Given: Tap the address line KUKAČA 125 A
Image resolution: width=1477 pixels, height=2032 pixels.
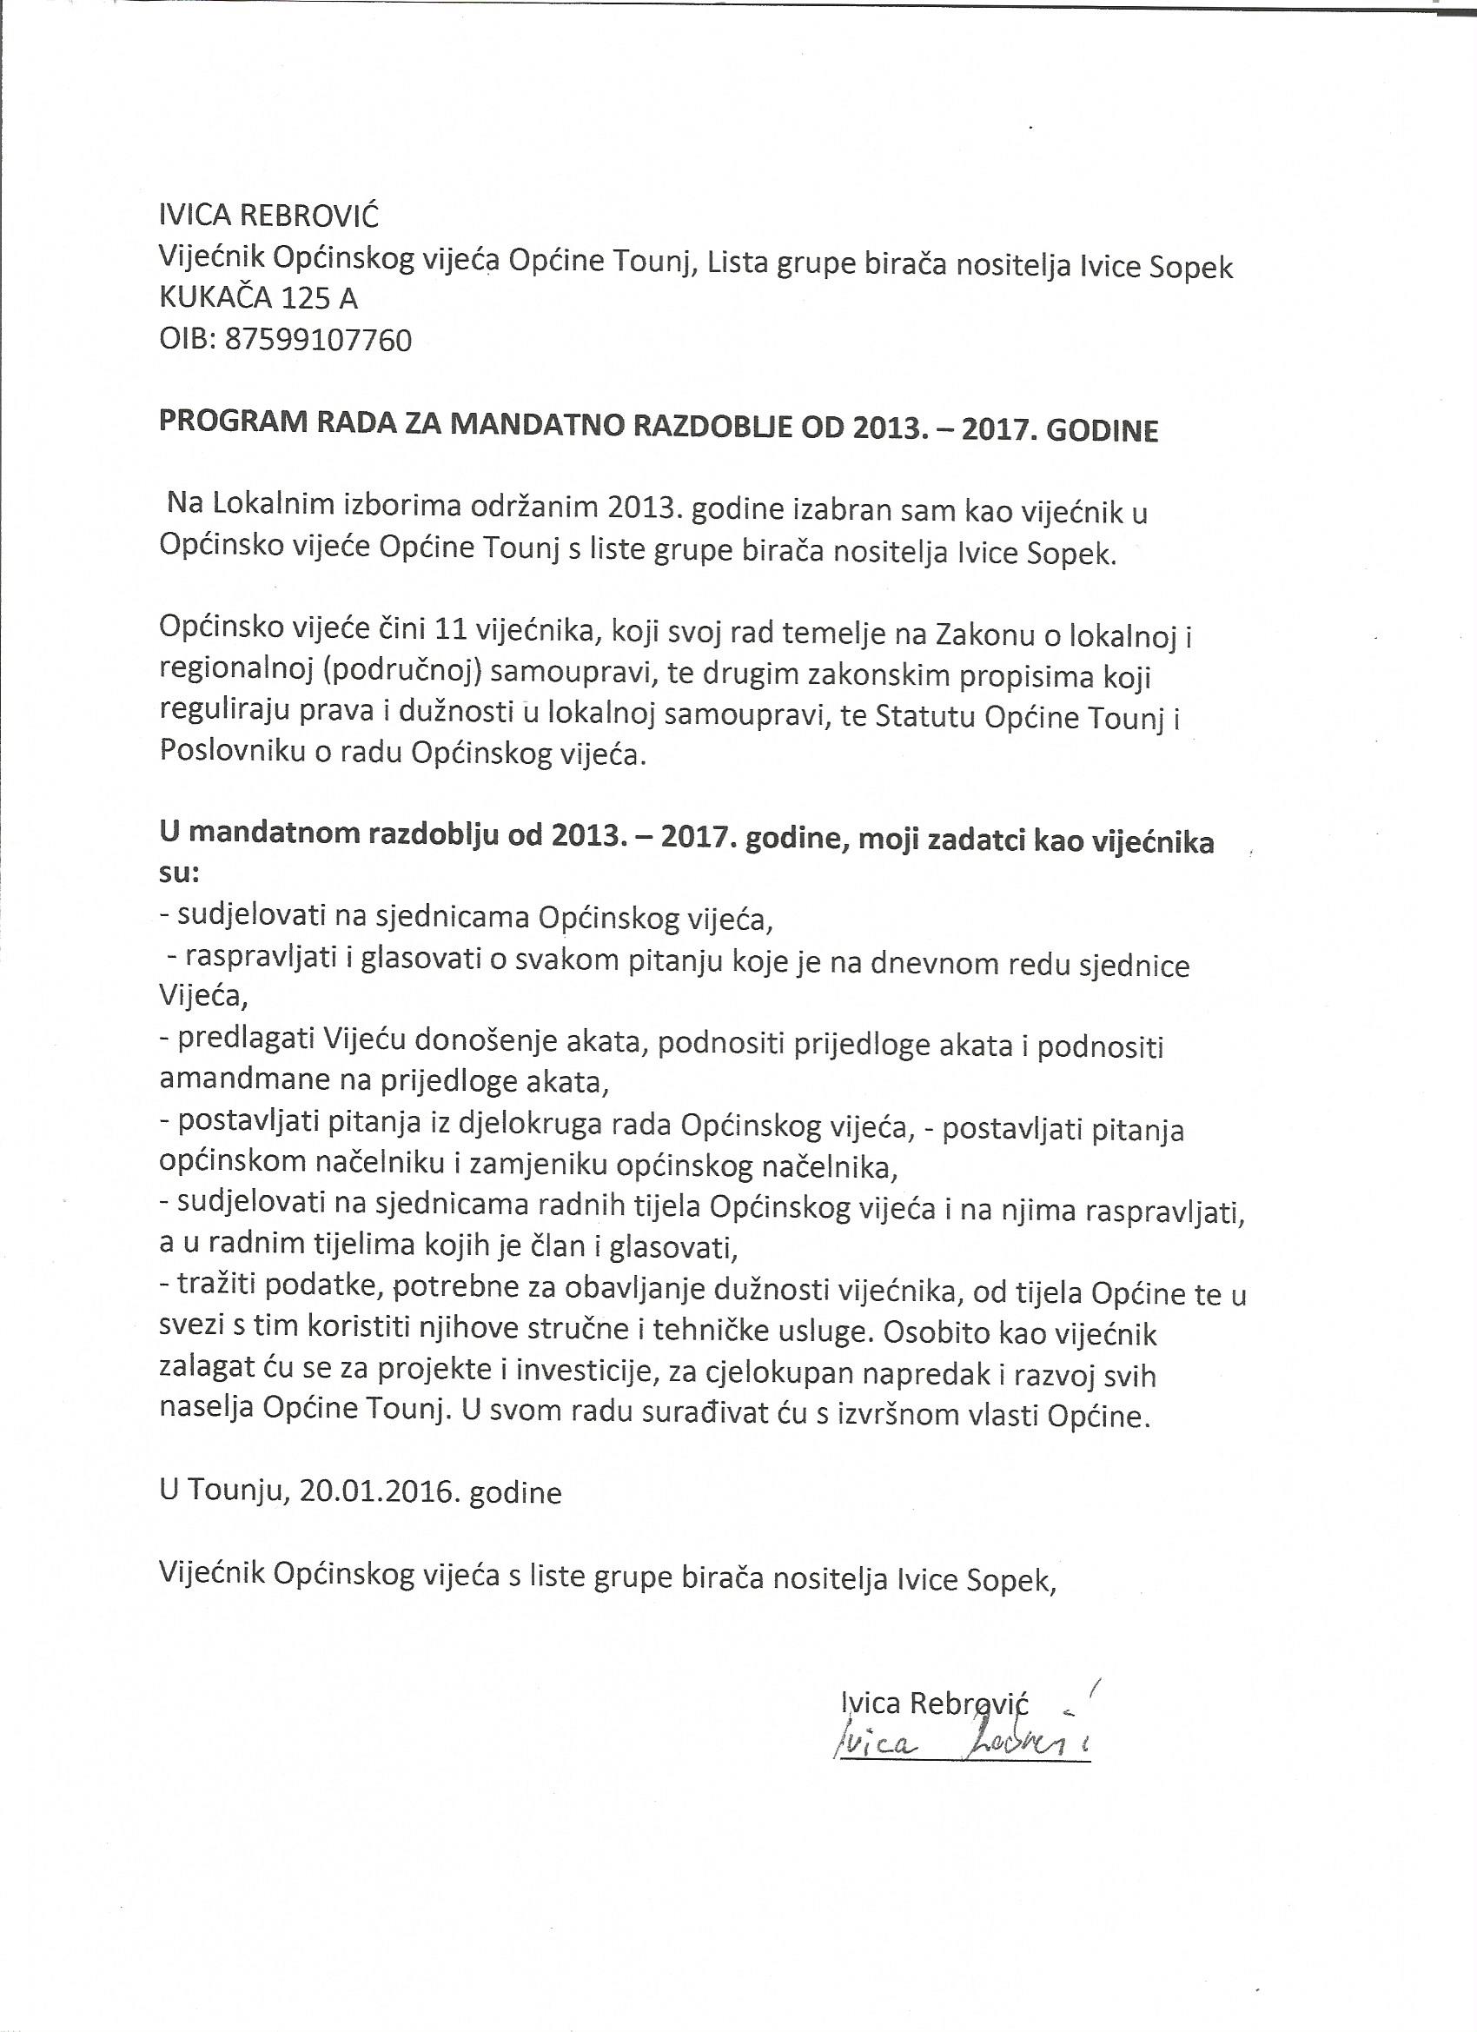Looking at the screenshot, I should click(x=258, y=299).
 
